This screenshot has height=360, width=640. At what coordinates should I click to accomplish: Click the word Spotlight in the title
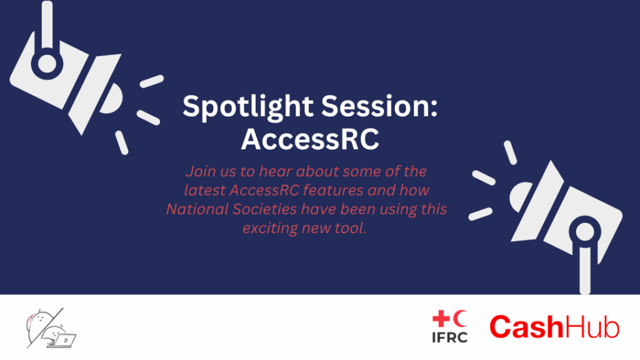click(x=248, y=106)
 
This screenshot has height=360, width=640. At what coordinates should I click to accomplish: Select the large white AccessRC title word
click(x=310, y=139)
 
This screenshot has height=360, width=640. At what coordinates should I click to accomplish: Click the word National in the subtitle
click(x=197, y=209)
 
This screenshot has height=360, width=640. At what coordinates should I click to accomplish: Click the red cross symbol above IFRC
click(x=441, y=319)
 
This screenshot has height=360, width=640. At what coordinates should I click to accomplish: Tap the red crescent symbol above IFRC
click(x=460, y=318)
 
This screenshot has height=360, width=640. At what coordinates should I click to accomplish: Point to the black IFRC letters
click(x=450, y=337)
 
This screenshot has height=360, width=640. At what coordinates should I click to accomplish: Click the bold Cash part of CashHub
click(x=526, y=327)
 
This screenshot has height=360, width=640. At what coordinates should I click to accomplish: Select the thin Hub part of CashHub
click(x=592, y=327)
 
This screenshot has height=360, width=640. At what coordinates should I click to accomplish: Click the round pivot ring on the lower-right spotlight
click(x=585, y=232)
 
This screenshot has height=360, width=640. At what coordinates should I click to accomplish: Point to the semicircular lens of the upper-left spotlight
click(x=111, y=98)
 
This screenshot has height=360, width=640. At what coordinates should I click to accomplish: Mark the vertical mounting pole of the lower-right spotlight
click(x=585, y=270)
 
